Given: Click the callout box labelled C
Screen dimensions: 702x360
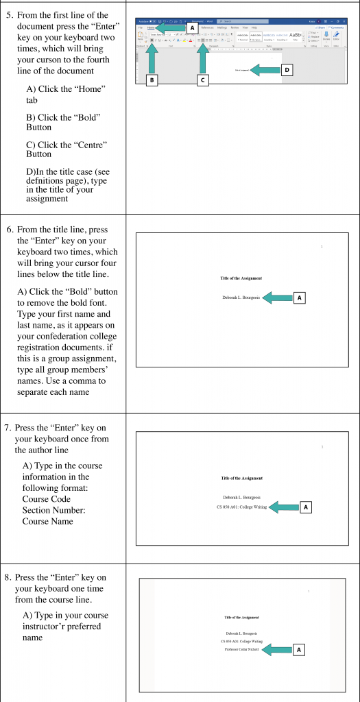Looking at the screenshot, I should tap(202, 80).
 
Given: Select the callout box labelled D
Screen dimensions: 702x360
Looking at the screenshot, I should tap(287, 69).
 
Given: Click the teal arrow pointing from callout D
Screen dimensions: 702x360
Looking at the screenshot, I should tap(264, 69).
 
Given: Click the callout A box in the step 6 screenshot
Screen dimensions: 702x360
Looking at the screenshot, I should tap(299, 298).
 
